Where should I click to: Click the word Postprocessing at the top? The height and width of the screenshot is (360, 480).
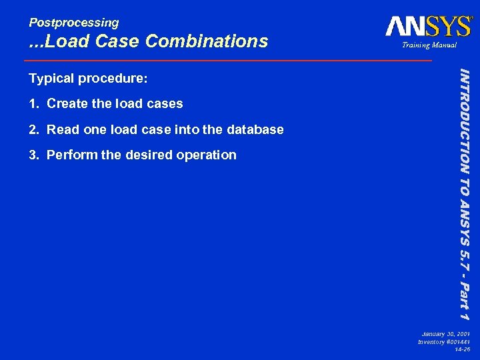click(x=73, y=23)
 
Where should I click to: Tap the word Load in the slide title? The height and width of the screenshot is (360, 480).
click(x=70, y=41)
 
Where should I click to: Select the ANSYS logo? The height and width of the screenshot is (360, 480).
click(x=428, y=27)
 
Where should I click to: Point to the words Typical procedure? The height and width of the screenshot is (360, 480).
click(x=87, y=79)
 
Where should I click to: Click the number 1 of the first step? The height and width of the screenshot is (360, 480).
click(x=33, y=104)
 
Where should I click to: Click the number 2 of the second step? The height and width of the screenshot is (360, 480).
click(x=33, y=129)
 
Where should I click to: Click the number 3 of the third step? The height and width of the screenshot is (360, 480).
click(x=33, y=155)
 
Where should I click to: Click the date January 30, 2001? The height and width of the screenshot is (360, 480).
click(x=446, y=333)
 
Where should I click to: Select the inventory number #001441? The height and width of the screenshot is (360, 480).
click(x=457, y=341)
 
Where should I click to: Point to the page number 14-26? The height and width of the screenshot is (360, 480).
click(x=462, y=349)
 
